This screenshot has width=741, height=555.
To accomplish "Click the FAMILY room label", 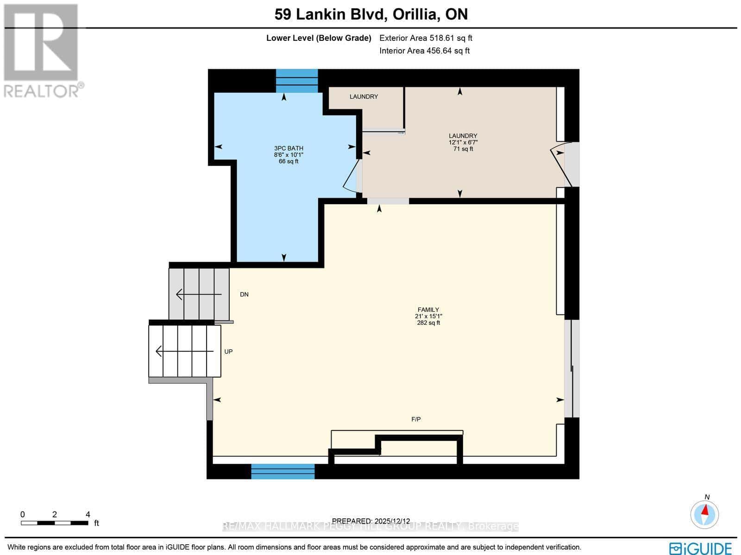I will click(x=428, y=309).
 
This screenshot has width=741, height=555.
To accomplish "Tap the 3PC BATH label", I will click(x=289, y=148).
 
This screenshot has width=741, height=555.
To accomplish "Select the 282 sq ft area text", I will click(x=428, y=323).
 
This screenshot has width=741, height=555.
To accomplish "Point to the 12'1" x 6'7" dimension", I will click(x=463, y=142).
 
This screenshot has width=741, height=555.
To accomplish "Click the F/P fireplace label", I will click(x=416, y=419).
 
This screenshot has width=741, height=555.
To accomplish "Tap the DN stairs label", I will click(x=244, y=295).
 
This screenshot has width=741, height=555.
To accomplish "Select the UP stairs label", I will click(x=228, y=352).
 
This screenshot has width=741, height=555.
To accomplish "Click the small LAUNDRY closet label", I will click(x=364, y=96).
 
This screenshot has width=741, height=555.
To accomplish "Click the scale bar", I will click(x=55, y=523).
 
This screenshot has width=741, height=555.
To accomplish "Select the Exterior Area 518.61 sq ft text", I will click(x=426, y=38).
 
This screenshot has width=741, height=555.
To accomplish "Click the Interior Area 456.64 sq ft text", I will click(x=424, y=51).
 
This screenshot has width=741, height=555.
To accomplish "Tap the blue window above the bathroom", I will click(x=297, y=81).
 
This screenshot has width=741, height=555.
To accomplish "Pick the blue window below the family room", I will click(x=283, y=472).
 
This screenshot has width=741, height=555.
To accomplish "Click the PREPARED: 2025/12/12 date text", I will click(x=371, y=521).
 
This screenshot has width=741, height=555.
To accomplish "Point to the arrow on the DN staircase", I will click(x=192, y=294).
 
